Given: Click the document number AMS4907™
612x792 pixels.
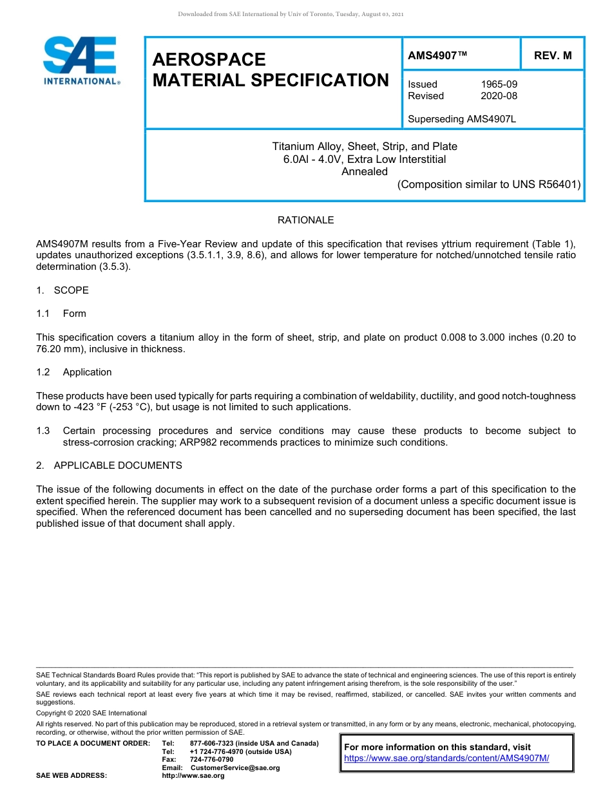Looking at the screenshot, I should (x=437, y=55).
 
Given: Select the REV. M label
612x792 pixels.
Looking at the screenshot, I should (x=552, y=55).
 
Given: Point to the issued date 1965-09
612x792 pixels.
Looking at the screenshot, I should (x=499, y=84).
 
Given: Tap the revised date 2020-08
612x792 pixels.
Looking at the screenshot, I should (x=499, y=96).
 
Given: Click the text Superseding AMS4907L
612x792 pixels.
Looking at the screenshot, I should (x=462, y=119).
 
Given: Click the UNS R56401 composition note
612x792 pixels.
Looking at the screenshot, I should (x=489, y=184).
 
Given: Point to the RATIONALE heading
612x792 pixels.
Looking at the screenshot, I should (x=305, y=220).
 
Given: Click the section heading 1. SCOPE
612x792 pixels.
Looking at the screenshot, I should (x=62, y=290).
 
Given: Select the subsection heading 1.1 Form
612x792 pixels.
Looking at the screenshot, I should (x=62, y=314).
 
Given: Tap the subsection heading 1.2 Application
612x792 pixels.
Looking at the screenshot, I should (x=74, y=372).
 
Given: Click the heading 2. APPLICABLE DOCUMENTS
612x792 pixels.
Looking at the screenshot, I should (x=109, y=466).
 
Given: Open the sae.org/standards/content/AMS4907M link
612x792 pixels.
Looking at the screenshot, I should (x=446, y=759).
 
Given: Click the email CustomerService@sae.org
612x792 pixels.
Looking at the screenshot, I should (x=235, y=768).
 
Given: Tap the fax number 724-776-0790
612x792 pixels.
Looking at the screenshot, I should (x=211, y=760).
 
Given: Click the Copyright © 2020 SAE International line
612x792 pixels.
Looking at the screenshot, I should (x=91, y=713).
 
